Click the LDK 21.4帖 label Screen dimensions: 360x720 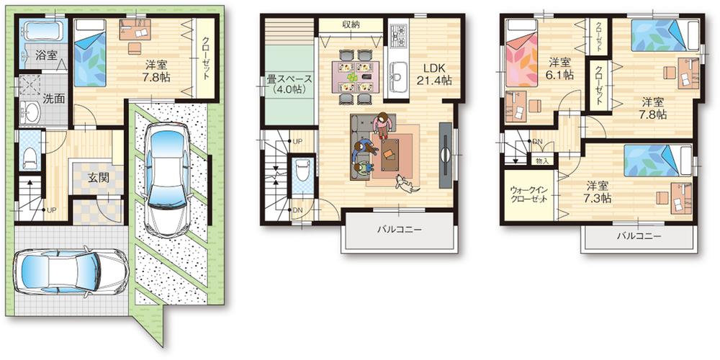[433, 74]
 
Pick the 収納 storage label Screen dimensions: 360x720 [351, 24]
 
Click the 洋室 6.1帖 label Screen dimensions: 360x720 [559, 68]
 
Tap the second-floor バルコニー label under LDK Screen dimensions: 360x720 [400, 230]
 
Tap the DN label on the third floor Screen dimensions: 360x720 [536, 143]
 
